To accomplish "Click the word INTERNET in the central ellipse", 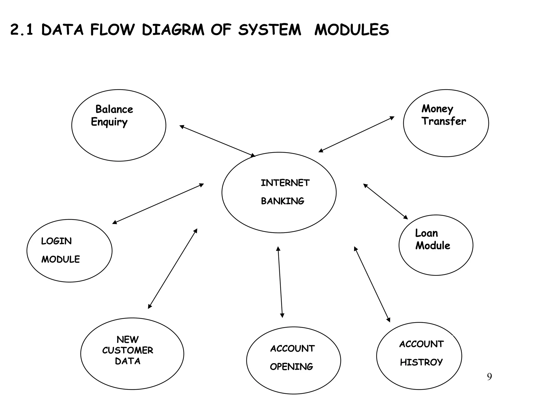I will pos(285,183).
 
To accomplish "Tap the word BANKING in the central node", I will pos(282,201).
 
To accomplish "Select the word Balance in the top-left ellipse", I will pos(114,109).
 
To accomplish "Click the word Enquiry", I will pos(109,122).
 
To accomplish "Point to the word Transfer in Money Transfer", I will pos(444,121).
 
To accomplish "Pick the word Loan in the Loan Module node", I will pos(426,233).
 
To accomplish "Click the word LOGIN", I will pos(56,241).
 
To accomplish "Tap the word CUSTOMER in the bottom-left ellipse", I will pos(128,350).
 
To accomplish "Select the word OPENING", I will pos(291,367).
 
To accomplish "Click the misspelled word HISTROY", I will pos(421,362).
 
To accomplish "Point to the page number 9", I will pos(489,377).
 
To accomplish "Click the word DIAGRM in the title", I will pos(173,29).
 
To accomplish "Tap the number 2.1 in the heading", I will pos(22,29).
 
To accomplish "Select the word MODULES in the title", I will pos(351,29).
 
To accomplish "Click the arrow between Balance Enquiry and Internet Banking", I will pos(217,141).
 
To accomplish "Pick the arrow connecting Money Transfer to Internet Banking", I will pos(356,134).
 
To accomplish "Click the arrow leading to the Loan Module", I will pos(385,201).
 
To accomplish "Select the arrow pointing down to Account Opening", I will pos(280,282).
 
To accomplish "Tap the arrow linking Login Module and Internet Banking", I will pos(158,204).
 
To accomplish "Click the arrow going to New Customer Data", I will pos(173,269).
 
